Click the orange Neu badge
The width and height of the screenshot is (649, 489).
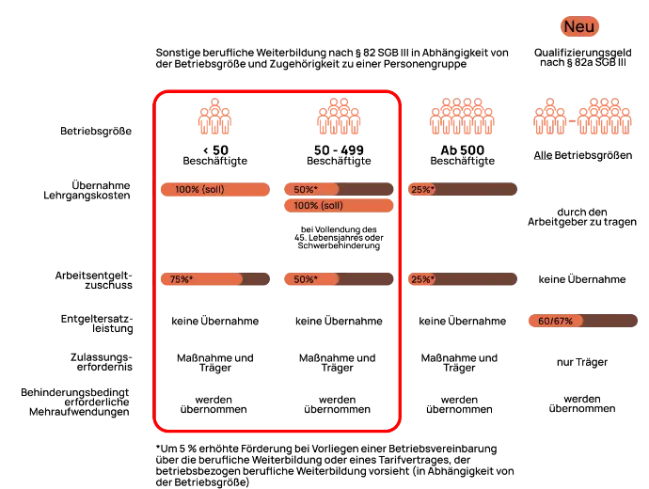coord(579,27)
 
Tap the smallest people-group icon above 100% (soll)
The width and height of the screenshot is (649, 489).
coord(214,117)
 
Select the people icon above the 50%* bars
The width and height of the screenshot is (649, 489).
coord(339,117)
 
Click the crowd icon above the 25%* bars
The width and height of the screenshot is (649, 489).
coord(462,117)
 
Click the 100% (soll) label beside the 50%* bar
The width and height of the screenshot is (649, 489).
coord(199,190)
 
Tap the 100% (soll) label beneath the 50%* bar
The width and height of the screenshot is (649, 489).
coord(319,206)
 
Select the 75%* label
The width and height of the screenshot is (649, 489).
coord(182,279)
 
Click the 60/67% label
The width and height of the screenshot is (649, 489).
coord(555,322)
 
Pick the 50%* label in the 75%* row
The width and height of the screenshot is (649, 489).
coord(306,279)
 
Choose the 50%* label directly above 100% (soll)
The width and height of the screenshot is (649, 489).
coord(306,189)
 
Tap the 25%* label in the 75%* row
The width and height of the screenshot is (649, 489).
coord(421,279)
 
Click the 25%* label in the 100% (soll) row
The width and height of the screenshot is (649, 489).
coord(421,189)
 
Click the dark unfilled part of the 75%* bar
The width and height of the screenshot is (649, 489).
coord(256,279)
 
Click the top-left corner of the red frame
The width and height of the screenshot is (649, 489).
coord(157,92)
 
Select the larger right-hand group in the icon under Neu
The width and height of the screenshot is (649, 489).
coord(605,118)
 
